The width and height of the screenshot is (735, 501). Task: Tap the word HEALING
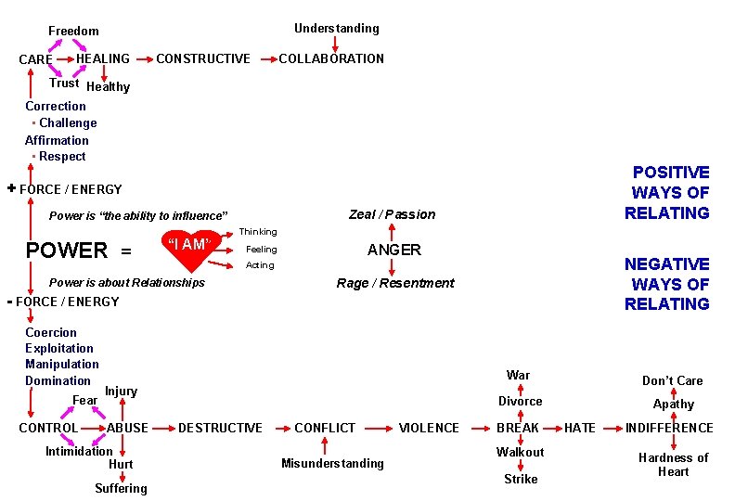point(103,58)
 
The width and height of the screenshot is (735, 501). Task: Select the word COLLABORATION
point(331,58)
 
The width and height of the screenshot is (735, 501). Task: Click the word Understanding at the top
point(337,29)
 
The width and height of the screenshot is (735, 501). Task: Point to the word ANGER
point(394,250)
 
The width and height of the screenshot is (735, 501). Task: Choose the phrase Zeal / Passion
point(392,214)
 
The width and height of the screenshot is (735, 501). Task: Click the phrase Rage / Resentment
point(395,283)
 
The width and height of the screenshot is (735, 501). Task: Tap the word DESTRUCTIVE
point(220,428)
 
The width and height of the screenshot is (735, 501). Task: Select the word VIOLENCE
point(429,428)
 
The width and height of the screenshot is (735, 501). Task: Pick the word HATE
point(580,428)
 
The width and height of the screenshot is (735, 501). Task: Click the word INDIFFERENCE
point(669,428)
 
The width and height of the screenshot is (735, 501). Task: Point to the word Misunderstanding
point(332,463)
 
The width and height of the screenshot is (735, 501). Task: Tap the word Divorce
point(521,401)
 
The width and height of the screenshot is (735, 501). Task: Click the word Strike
point(521,479)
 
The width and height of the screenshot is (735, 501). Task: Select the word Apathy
point(674,404)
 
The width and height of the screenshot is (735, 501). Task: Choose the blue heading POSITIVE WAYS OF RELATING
point(669,193)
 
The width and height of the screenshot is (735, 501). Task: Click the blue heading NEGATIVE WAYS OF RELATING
point(667,284)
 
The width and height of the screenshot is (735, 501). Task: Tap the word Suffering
point(121,488)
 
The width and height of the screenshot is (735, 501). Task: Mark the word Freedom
point(73,32)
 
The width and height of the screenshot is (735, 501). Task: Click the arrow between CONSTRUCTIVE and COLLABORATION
point(264,58)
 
